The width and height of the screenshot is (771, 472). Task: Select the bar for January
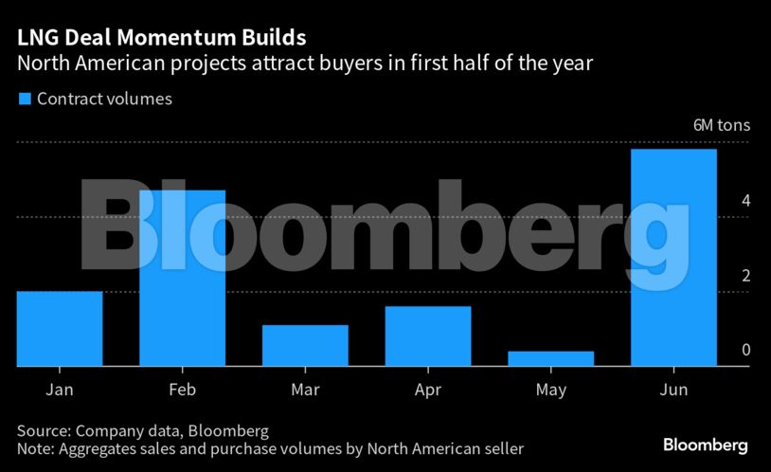pos(60,328)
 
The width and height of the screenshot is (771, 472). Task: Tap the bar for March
pos(305,345)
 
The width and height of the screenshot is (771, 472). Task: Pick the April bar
pos(428,336)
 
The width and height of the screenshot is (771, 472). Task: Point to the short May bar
pos(550,358)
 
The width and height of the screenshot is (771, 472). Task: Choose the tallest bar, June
pos(673,257)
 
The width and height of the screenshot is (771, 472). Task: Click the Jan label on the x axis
pos(60,390)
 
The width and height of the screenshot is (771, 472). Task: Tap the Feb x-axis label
pos(182,390)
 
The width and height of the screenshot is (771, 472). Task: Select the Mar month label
pos(305,390)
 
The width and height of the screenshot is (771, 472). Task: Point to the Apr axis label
pos(428,390)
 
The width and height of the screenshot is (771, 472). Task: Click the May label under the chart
pos(550,390)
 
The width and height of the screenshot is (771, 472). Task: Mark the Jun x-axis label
pos(673,390)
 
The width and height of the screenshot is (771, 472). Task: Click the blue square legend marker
pos(25,99)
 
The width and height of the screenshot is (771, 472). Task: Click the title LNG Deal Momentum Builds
pos(161,38)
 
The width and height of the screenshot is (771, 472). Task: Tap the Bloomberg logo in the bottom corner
pos(705,445)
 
